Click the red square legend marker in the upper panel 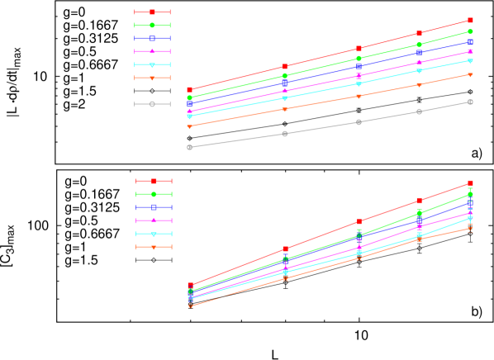(x=152, y=12)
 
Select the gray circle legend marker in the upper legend (x=152, y=104)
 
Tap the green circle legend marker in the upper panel (x=152, y=26)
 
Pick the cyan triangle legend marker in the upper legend (x=152, y=65)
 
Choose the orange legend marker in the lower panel (x=154, y=247)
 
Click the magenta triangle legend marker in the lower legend (x=154, y=220)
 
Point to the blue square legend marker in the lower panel (x=154, y=207)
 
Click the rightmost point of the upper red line (x=470, y=20)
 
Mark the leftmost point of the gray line (x=189, y=147)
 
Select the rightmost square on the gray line (x=470, y=102)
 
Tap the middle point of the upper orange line (x=359, y=97)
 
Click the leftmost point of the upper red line (x=189, y=90)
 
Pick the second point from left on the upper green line (x=284, y=76)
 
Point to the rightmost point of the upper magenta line (x=470, y=52)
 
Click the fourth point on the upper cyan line (x=419, y=71)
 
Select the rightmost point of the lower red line (x=470, y=182)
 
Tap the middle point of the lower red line (x=359, y=221)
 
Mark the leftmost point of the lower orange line (x=190, y=306)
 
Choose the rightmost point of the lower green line (x=470, y=194)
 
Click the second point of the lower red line (x=285, y=249)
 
